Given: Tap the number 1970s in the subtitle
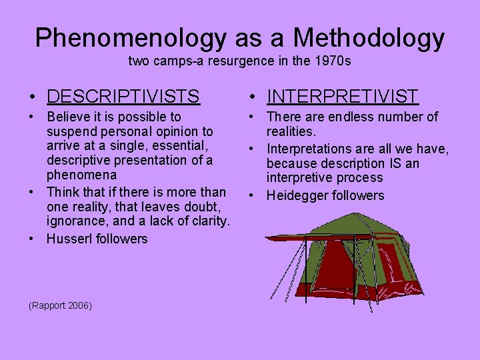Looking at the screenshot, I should coord(333,62).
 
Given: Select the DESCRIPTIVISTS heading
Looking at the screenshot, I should coord(123,97).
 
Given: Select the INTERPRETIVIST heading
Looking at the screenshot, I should coord(343,97).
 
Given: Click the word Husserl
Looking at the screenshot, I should coord(68,239).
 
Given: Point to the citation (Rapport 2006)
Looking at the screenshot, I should coord(61,305).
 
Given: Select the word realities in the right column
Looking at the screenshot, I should coord(290,132).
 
